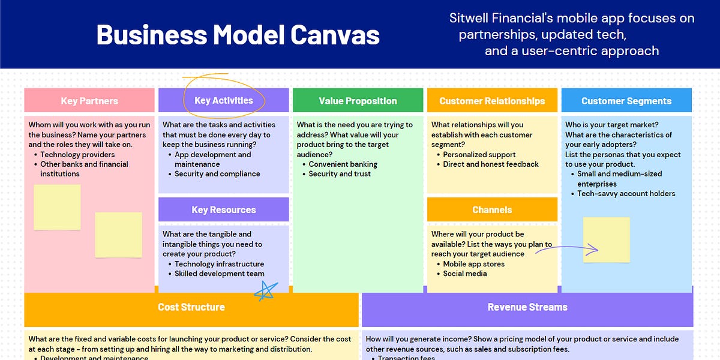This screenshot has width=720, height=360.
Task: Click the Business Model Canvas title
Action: click(x=238, y=35)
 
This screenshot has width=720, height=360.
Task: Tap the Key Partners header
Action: click(x=89, y=101)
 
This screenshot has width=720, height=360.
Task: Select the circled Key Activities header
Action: click(x=224, y=100)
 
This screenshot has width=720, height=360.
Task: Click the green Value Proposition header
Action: click(x=358, y=101)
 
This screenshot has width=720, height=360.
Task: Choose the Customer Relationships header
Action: click(x=492, y=101)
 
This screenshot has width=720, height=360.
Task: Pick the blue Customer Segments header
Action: click(x=626, y=101)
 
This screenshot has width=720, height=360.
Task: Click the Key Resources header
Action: click(x=224, y=210)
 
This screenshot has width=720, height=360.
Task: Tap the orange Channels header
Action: click(x=492, y=210)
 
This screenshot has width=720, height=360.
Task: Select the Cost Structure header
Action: click(x=191, y=307)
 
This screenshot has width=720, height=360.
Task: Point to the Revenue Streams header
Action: click(x=527, y=307)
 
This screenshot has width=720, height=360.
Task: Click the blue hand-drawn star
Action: click(x=264, y=290)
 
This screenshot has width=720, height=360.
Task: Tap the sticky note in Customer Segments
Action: click(x=607, y=239)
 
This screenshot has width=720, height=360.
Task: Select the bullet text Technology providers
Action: click(x=78, y=154)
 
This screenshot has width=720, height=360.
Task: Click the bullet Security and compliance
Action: click(x=217, y=174)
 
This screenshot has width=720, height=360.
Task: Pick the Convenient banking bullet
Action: click(x=343, y=164)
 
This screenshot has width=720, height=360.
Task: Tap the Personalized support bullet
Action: click(x=479, y=154)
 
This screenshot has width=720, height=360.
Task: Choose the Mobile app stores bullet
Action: click(x=473, y=264)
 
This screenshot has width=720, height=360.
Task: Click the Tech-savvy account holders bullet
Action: click(x=626, y=194)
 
